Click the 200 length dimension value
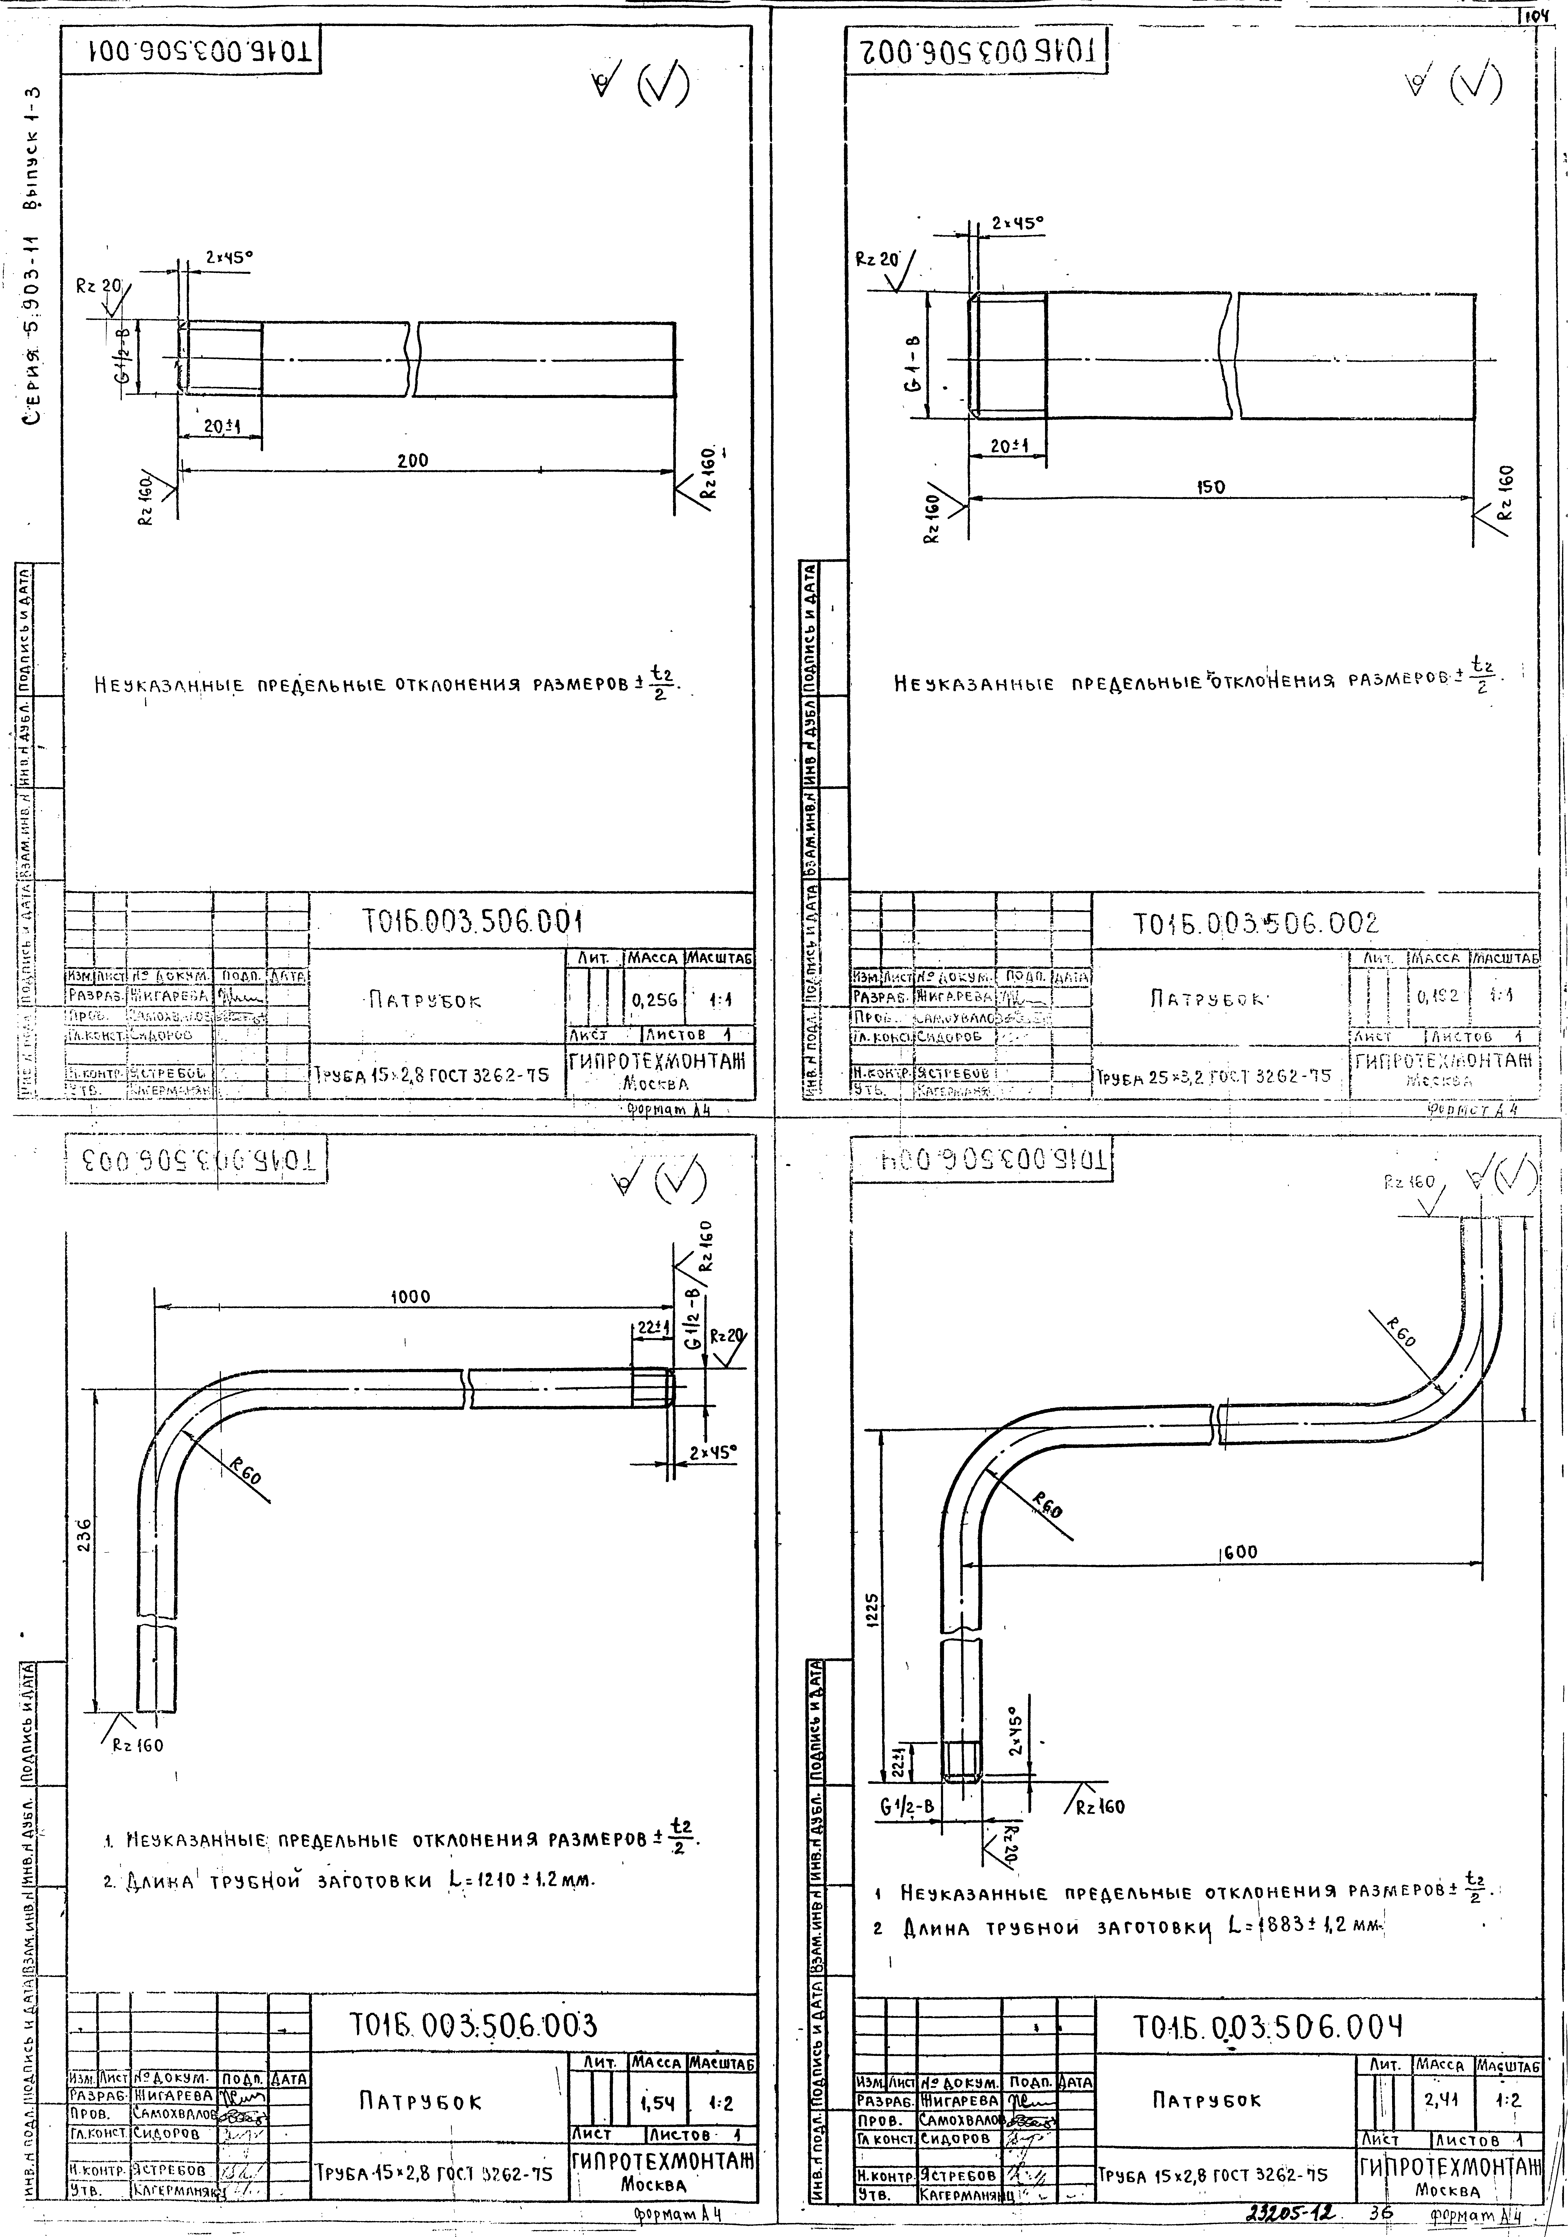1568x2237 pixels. (412, 460)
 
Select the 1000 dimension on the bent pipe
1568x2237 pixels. (409, 1297)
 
